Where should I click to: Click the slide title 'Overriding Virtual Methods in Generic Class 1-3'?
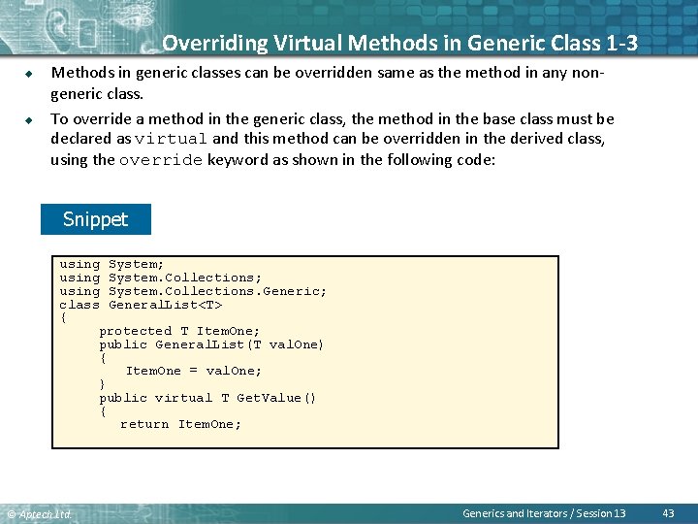point(399,44)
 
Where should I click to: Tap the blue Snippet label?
point(96,219)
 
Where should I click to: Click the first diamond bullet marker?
point(29,73)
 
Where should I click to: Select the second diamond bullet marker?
point(29,119)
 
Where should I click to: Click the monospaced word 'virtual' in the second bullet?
point(172,140)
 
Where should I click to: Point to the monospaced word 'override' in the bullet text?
point(161,160)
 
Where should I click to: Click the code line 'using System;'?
point(111,264)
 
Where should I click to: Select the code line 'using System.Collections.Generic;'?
point(193,291)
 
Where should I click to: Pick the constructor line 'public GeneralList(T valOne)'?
point(211,344)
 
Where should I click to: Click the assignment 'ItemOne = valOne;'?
point(194,371)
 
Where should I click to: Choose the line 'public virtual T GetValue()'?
point(207,398)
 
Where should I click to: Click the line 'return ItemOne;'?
point(181,424)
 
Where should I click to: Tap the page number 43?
point(668,512)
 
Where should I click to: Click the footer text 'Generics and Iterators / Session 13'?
point(544,512)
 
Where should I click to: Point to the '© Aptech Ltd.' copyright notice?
point(39,513)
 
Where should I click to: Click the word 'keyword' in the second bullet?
point(238,159)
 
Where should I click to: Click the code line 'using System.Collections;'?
point(160,278)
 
